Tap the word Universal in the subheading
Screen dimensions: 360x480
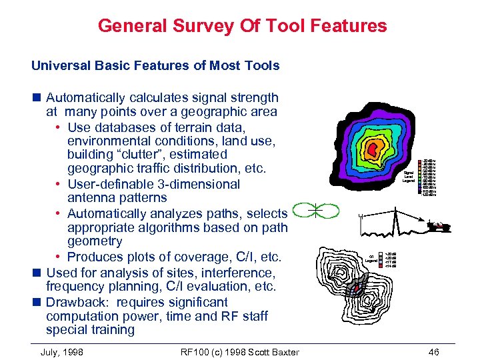pos(59,65)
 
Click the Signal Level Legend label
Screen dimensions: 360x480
pos(409,177)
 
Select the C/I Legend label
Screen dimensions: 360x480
pos(370,258)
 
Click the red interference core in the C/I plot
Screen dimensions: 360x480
pos(355,288)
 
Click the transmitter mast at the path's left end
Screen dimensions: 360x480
pos(359,219)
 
